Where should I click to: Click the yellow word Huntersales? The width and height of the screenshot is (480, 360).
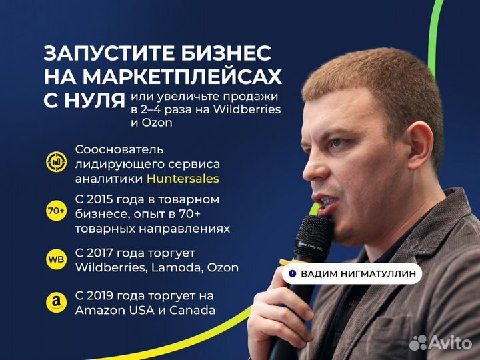(183, 179)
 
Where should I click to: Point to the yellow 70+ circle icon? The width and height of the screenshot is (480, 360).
(56, 211)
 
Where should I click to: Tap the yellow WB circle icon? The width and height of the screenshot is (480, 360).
(56, 259)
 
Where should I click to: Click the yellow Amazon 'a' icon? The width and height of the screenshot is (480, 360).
(56, 303)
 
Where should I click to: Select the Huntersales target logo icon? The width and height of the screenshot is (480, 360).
(56, 161)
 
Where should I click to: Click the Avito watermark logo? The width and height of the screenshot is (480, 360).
(441, 343)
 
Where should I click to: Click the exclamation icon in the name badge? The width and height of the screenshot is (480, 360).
(293, 273)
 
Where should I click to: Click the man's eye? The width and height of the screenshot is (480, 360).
(336, 143)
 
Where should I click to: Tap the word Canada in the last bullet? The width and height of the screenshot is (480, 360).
(192, 311)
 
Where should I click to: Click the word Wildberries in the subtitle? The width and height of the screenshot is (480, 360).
(247, 109)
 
